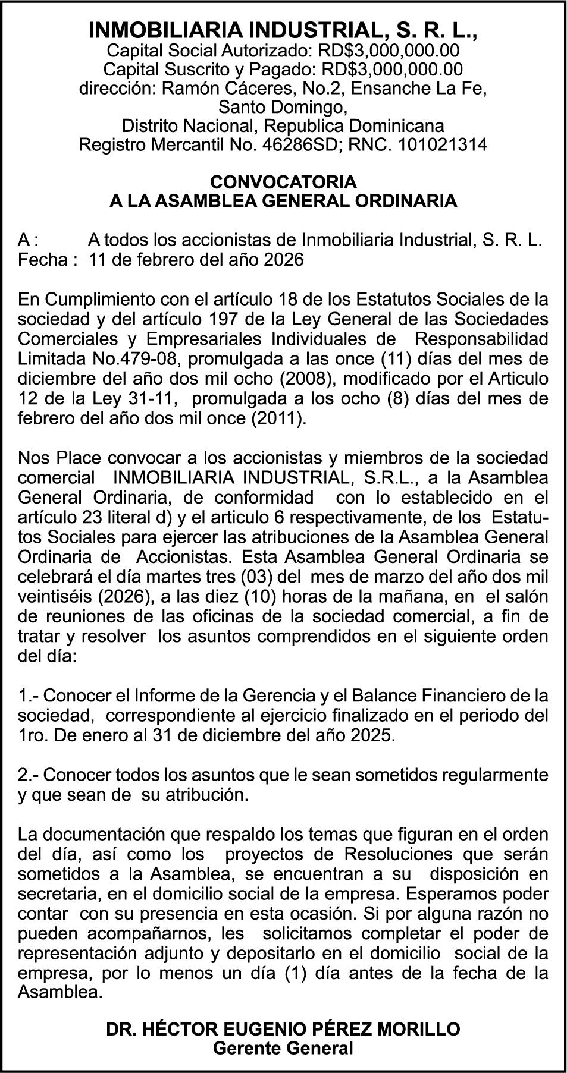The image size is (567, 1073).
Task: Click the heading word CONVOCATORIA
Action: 283,181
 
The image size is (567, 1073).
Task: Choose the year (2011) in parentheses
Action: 281,418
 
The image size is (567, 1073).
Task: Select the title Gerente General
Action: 283,1048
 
